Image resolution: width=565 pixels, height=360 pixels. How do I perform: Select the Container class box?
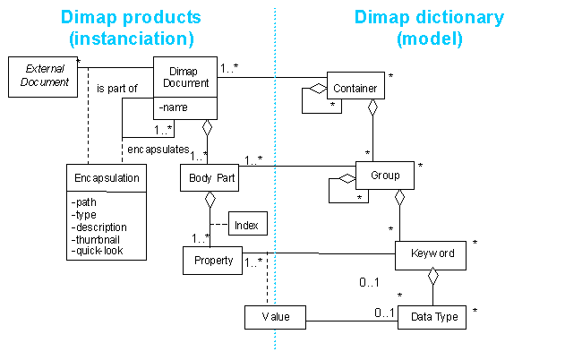pyautogui.click(x=355, y=89)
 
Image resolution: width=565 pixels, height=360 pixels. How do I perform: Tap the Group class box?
pyautogui.click(x=385, y=176)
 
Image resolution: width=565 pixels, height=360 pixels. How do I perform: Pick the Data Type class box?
pyautogui.click(x=433, y=316)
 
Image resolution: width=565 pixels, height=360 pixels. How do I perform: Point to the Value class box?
pyautogui.click(x=275, y=316)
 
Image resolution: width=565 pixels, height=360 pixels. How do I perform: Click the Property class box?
pyautogui.click(x=212, y=261)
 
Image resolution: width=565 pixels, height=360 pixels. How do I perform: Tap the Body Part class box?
pyautogui.click(x=212, y=177)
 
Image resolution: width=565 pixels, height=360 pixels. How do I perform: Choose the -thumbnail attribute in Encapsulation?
pyautogui.click(x=99, y=239)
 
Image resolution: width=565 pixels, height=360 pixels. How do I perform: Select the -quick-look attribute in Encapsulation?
pyautogui.click(x=98, y=251)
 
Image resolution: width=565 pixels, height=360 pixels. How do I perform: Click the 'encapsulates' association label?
pyautogui.click(x=157, y=149)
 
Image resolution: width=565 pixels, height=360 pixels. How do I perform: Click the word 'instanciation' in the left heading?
pyautogui.click(x=130, y=39)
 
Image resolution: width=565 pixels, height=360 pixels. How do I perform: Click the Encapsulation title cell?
pyautogui.click(x=107, y=177)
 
